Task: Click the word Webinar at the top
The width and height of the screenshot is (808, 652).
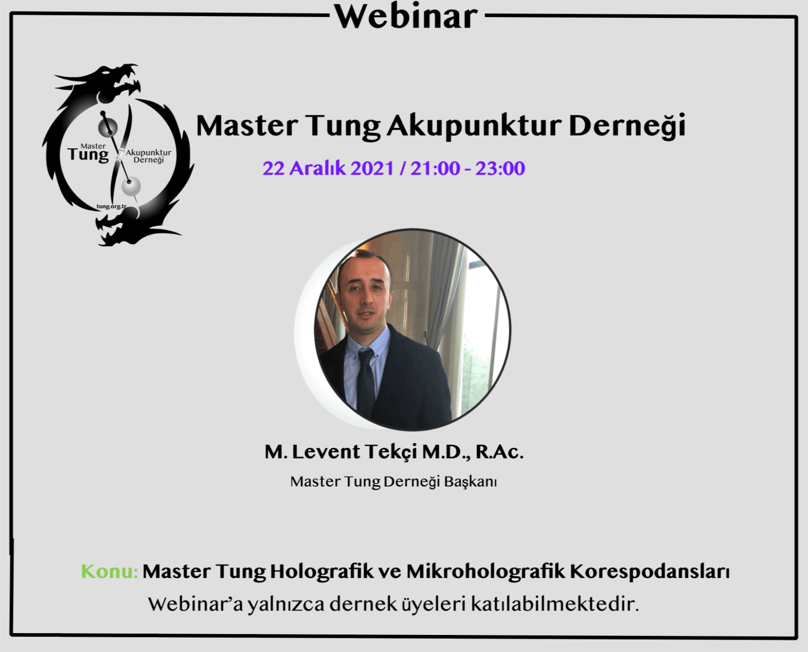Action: [x=406, y=17]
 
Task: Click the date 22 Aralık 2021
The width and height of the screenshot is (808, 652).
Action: [x=328, y=168]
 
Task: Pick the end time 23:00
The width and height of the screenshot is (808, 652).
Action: [x=500, y=168]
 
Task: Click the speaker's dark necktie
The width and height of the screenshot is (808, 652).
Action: [x=366, y=381]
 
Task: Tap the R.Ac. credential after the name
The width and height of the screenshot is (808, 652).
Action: [x=499, y=452]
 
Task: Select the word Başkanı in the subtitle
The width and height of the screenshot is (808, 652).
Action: [x=471, y=482]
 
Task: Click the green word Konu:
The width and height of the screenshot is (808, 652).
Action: [x=109, y=571]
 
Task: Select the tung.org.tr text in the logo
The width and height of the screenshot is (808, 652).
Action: [x=111, y=206]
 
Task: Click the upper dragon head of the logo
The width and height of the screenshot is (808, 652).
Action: [x=117, y=83]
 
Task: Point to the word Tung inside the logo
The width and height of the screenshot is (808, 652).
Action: [x=88, y=154]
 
